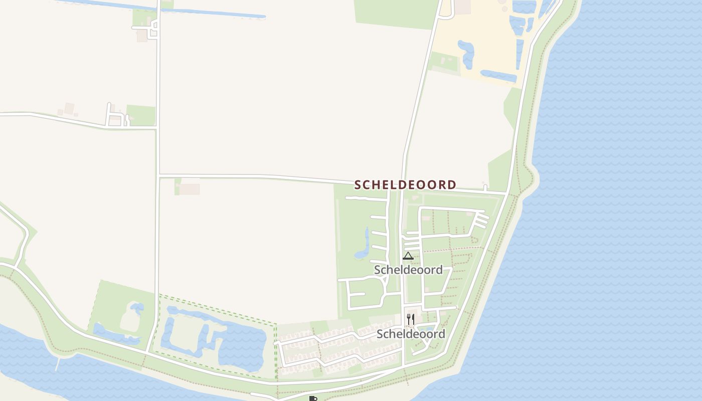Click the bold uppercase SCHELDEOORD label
[405, 185]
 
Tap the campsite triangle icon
[408, 256]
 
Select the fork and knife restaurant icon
[410, 319]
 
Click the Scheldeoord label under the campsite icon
[408, 270]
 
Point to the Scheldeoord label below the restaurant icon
[411, 334]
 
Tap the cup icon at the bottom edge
[313, 398]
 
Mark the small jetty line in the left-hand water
[58, 363]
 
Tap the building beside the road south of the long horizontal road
[190, 188]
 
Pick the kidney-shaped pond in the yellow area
[466, 53]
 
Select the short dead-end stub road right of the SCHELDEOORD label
[485, 188]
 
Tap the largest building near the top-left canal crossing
[142, 35]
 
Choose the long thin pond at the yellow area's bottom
[498, 76]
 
